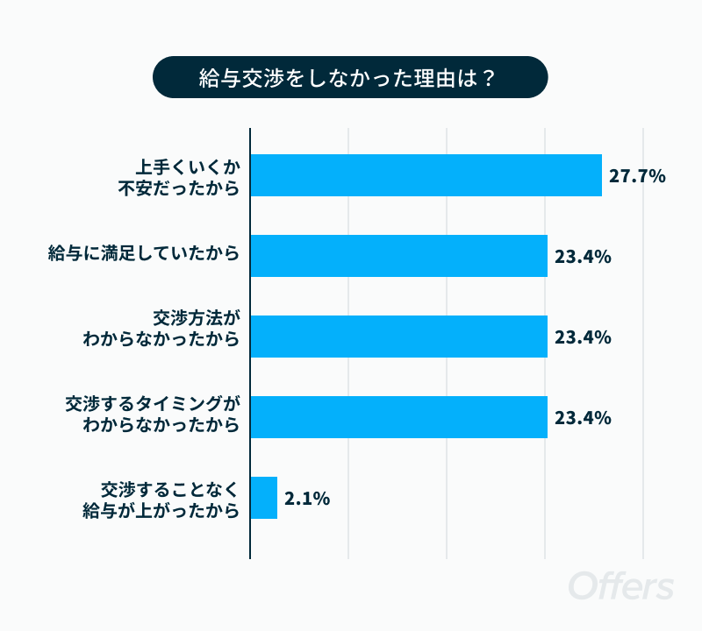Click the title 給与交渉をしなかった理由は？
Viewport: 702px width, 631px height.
(347, 78)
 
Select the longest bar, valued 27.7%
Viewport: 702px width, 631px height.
(426, 175)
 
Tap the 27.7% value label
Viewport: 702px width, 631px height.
(637, 176)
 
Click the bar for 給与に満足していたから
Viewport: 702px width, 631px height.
(399, 256)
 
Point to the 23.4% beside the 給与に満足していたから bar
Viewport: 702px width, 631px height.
(583, 257)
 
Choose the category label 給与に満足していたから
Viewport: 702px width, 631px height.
(144, 253)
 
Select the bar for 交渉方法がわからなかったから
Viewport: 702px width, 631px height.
(399, 337)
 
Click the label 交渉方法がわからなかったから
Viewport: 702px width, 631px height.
(161, 329)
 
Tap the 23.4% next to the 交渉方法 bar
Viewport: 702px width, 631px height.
(583, 337)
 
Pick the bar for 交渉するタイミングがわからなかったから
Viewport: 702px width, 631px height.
(399, 417)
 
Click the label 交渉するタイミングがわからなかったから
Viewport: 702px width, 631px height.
(153, 415)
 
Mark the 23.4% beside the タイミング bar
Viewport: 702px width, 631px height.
(583, 418)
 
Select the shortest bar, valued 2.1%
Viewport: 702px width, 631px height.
(264, 498)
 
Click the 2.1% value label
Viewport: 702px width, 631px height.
(307, 498)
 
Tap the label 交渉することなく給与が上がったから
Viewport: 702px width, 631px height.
(161, 500)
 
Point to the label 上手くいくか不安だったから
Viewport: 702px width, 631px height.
(179, 178)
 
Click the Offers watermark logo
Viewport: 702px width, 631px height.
(621, 585)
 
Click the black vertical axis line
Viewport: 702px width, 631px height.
(250, 344)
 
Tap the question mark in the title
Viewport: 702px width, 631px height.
(488, 78)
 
